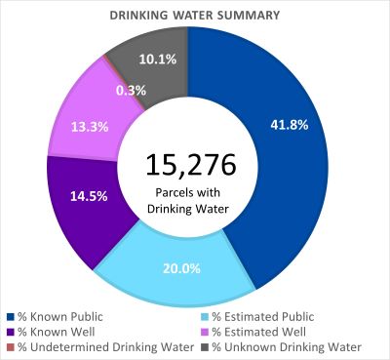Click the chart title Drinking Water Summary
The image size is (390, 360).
pos(194,16)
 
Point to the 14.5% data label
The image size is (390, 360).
pos(82,195)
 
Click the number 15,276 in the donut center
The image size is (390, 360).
pos(185,164)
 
